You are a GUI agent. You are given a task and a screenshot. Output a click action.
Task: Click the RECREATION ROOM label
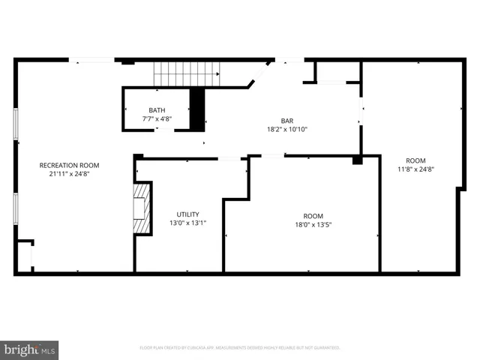69,165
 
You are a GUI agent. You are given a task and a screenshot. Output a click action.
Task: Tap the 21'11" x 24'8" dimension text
69,174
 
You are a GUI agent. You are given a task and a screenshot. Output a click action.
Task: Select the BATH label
157,110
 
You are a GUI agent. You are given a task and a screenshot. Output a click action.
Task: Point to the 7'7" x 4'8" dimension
157,119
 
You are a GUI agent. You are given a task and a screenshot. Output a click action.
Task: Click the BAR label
287,121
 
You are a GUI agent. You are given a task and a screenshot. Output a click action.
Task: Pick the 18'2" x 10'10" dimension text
287,129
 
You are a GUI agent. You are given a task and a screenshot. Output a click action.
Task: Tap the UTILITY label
187,214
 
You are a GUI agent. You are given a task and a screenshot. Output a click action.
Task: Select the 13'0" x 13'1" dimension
187,223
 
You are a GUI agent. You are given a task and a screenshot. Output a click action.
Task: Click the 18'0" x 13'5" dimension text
313,223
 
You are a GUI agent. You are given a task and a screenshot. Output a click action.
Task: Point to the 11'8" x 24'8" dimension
415,169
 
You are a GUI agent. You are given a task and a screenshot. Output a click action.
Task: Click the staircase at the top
187,73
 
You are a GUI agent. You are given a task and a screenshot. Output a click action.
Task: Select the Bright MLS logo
30,349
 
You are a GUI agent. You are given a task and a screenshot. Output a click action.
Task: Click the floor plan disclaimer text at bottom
240,348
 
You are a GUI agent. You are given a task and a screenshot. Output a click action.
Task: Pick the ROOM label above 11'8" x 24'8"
415,160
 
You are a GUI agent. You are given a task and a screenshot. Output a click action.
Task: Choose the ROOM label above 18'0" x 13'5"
313,214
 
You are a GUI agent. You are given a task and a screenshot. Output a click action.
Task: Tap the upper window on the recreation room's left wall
16,124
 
